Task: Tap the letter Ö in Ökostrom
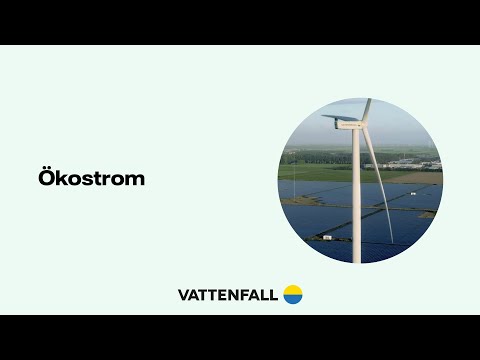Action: click(x=46, y=179)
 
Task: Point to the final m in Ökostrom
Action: click(x=135, y=181)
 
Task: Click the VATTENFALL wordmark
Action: click(x=227, y=295)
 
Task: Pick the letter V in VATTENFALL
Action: click(x=183, y=295)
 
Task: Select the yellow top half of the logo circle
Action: click(x=292, y=289)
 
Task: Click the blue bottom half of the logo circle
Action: click(x=292, y=299)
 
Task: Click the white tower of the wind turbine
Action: click(x=356, y=200)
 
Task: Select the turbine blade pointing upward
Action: click(x=367, y=107)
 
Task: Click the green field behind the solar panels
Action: click(x=320, y=172)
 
